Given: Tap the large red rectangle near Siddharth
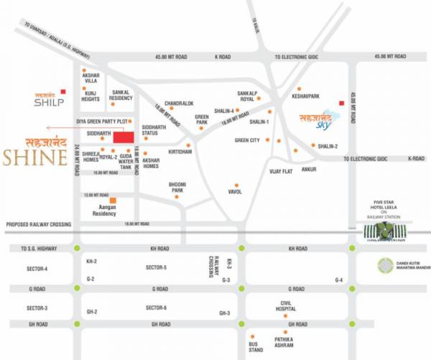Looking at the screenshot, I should point(124,137).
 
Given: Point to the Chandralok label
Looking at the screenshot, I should point(179,103).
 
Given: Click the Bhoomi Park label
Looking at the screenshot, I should point(177,188).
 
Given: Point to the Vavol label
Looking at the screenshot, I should point(235,192).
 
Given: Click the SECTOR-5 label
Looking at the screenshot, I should point(156,267).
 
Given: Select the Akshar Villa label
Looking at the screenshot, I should point(91,78).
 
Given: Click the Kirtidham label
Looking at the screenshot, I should point(180,152).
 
